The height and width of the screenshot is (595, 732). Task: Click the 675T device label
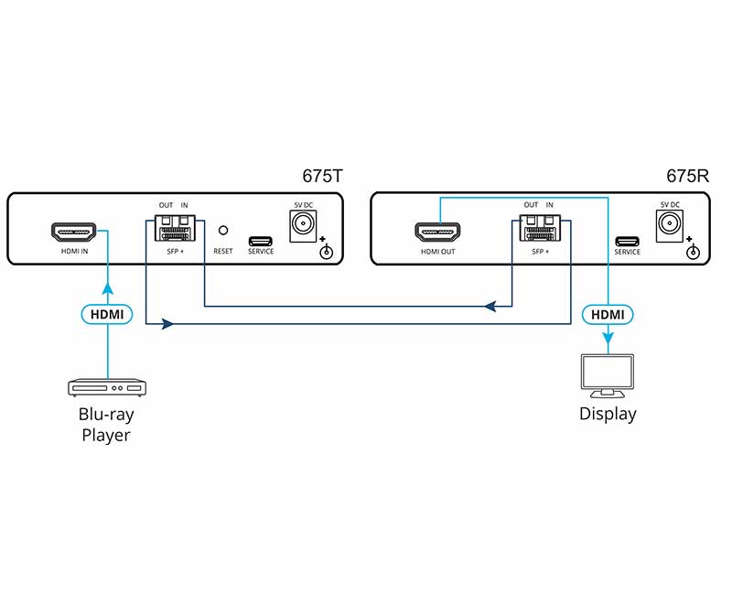(321, 177)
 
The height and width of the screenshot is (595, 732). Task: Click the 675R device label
(686, 177)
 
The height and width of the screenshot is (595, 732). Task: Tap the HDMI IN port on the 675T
(75, 230)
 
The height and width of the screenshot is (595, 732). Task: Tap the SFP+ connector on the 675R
(540, 229)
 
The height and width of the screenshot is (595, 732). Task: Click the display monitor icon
(608, 378)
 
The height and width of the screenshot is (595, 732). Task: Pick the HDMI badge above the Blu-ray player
(107, 314)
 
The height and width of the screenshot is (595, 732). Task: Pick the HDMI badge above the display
(608, 314)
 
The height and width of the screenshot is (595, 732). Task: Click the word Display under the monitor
(608, 414)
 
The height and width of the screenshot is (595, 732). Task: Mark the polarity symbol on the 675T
(325, 251)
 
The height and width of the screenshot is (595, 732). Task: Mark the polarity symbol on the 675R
(692, 251)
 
